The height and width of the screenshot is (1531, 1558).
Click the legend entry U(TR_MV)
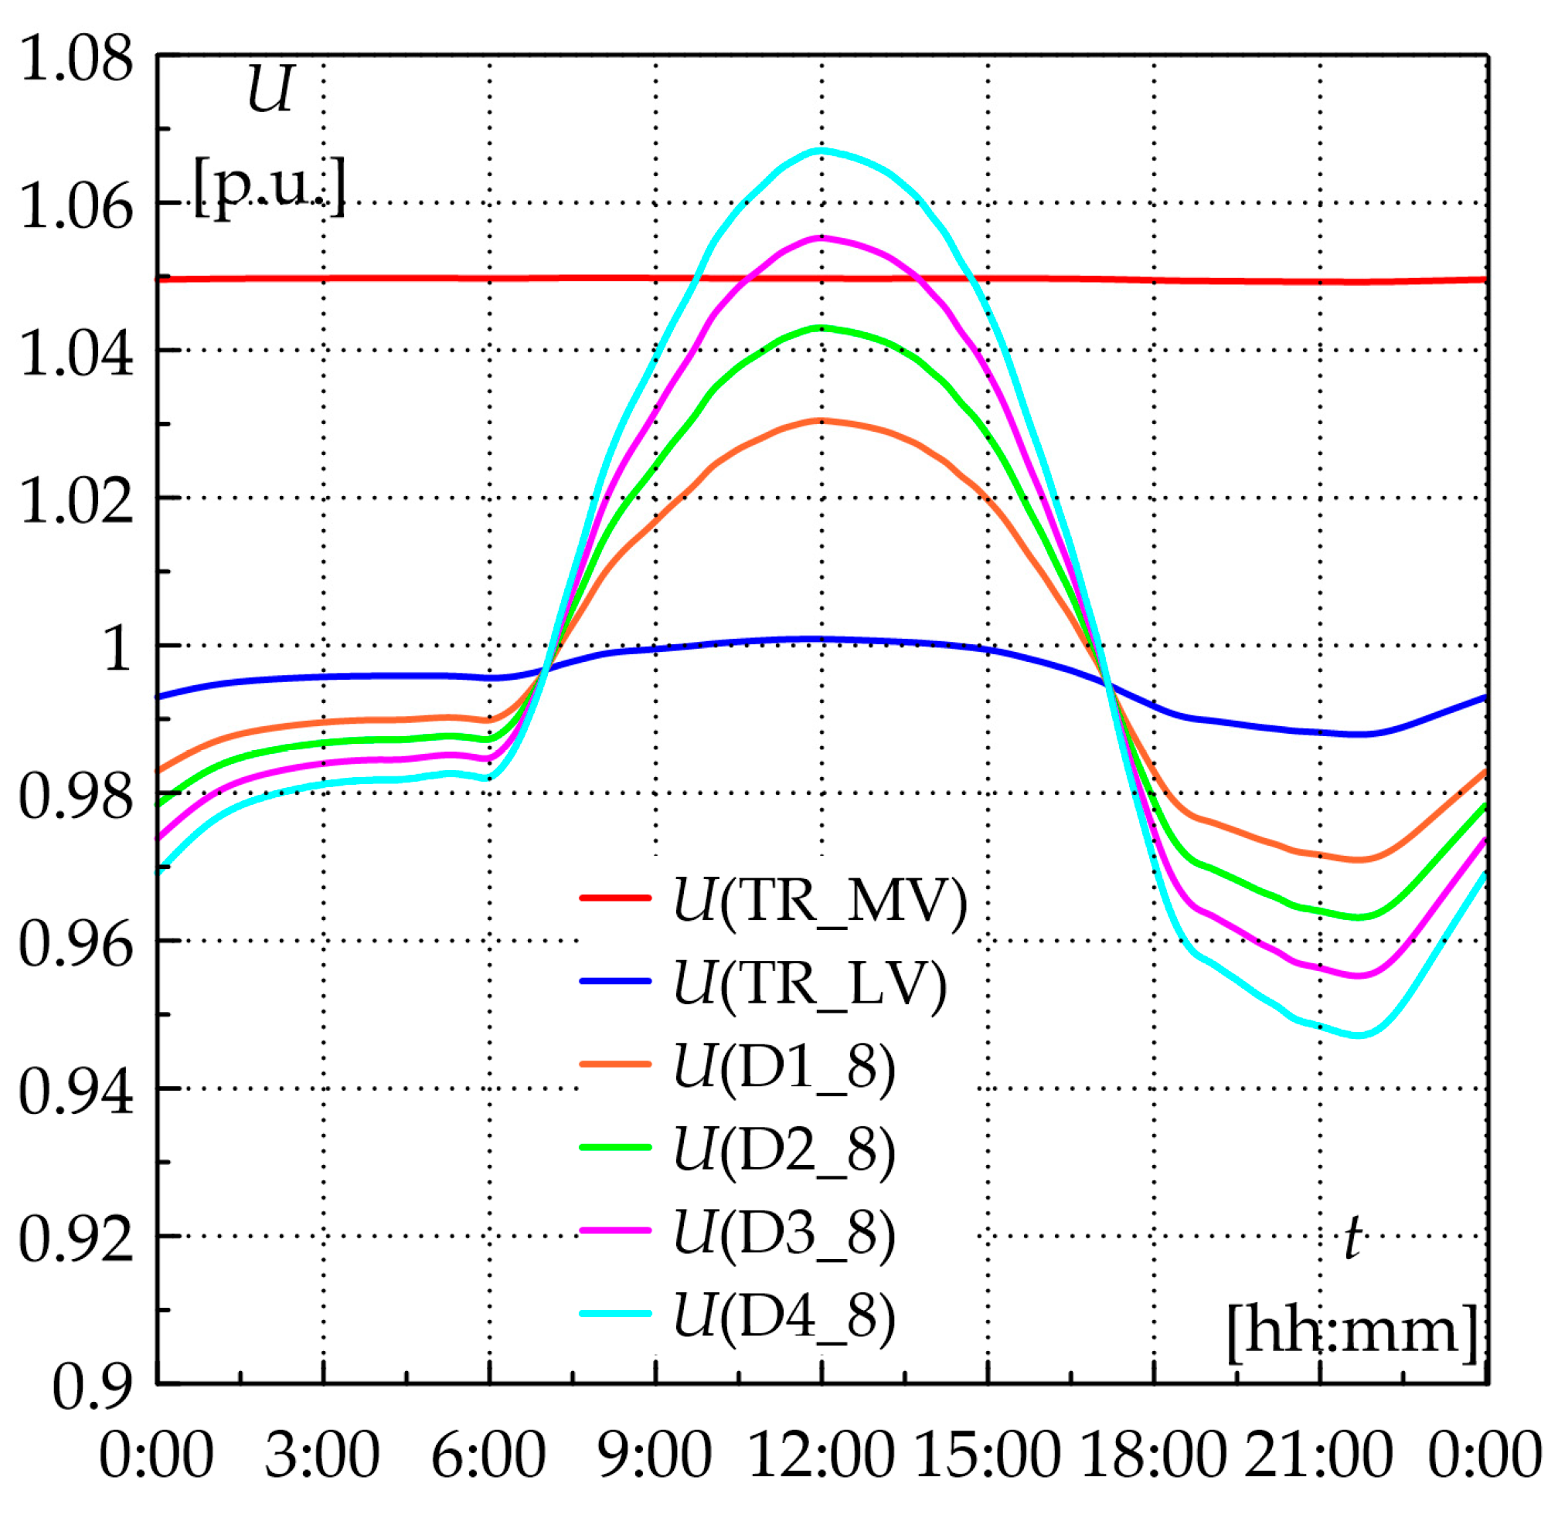tap(819, 901)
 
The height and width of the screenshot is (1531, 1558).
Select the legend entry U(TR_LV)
tap(808, 984)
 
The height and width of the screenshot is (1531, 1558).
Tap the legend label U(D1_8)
tap(784, 1068)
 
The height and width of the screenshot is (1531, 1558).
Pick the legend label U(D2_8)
tap(784, 1151)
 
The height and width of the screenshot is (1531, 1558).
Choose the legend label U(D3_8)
tap(784, 1234)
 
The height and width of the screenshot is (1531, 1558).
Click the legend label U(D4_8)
tap(784, 1317)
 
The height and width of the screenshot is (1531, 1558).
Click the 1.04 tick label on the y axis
tap(77, 354)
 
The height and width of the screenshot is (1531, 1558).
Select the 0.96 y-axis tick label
tap(77, 944)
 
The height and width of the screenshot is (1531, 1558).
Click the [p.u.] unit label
tap(270, 187)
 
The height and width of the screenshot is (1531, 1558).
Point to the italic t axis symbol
tap(1353, 1237)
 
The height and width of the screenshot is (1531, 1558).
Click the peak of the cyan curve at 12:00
tap(822, 151)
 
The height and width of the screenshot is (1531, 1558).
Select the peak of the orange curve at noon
tap(822, 420)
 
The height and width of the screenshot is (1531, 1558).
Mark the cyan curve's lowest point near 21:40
tap(1358, 1036)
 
